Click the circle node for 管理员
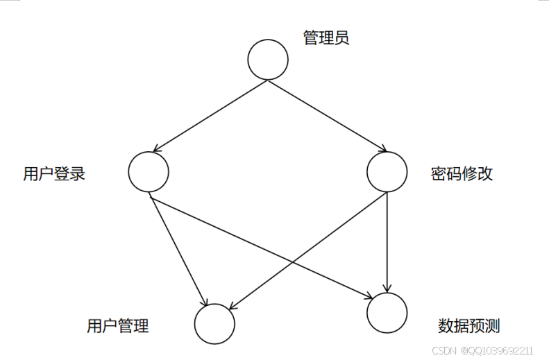268,60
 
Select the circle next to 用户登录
149,171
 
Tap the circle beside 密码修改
387,171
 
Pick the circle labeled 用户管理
214,324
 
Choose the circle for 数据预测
387,312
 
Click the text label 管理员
326,37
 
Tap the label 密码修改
462,173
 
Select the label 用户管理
118,325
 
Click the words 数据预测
469,325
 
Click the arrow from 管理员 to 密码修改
326,115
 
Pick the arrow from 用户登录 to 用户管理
179,251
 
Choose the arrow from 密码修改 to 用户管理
326,237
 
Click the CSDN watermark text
443,350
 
